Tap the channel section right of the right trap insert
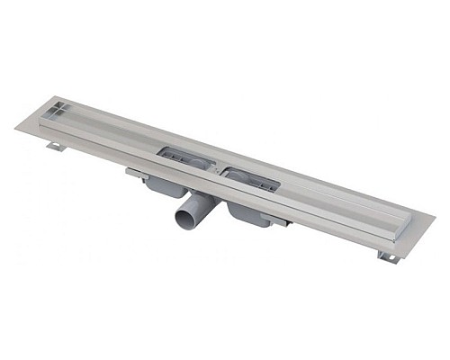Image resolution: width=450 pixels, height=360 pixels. tap(333, 202)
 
